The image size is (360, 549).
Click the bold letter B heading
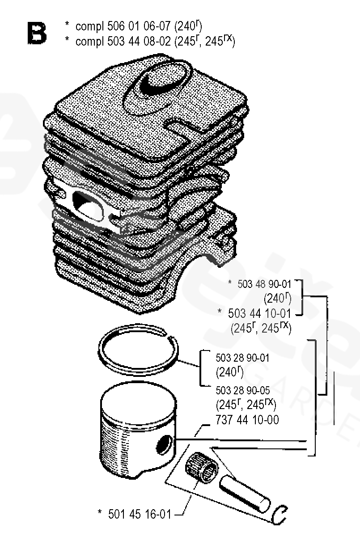point(37,33)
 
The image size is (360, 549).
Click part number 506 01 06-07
point(139,26)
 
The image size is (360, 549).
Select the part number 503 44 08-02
point(139,41)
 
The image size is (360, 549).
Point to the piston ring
point(138,349)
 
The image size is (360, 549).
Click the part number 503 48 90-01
point(264,284)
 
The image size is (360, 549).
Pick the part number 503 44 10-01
point(259,313)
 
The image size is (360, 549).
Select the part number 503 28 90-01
point(242,358)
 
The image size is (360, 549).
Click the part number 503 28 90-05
point(242,390)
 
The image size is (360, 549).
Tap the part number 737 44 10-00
point(247,420)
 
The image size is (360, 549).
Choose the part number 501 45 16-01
point(140,514)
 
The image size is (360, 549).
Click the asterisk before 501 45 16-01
point(100,512)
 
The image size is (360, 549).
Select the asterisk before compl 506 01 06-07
point(67,24)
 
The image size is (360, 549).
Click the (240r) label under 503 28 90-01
point(229,372)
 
